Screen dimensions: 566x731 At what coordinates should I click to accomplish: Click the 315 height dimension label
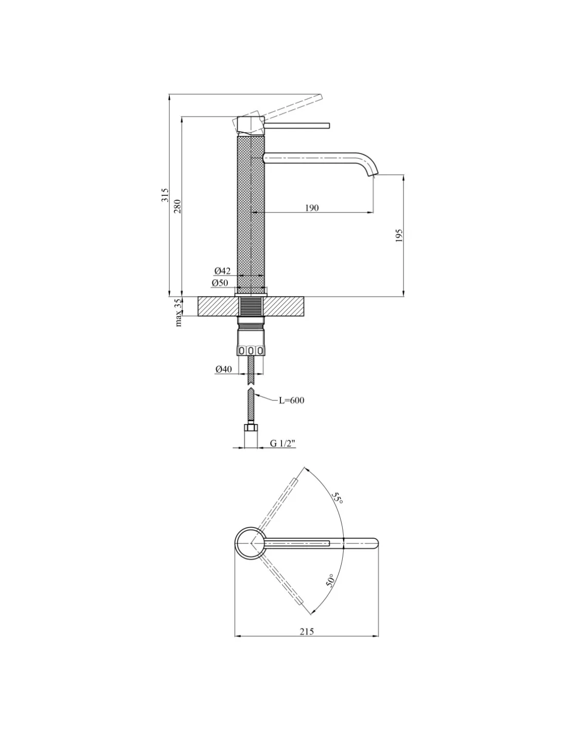165,195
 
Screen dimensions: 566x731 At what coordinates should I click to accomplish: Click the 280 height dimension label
178,206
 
